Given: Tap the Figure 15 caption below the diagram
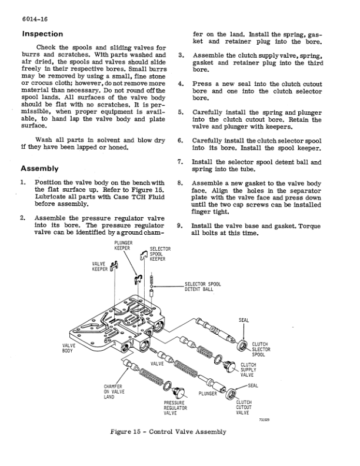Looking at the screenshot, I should [x=168, y=432].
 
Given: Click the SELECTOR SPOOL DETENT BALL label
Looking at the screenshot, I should [x=202, y=287].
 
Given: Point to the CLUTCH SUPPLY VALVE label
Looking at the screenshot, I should [x=248, y=370].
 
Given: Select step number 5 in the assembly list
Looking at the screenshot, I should [x=181, y=111].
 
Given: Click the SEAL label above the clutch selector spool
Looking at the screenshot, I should [x=244, y=320].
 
